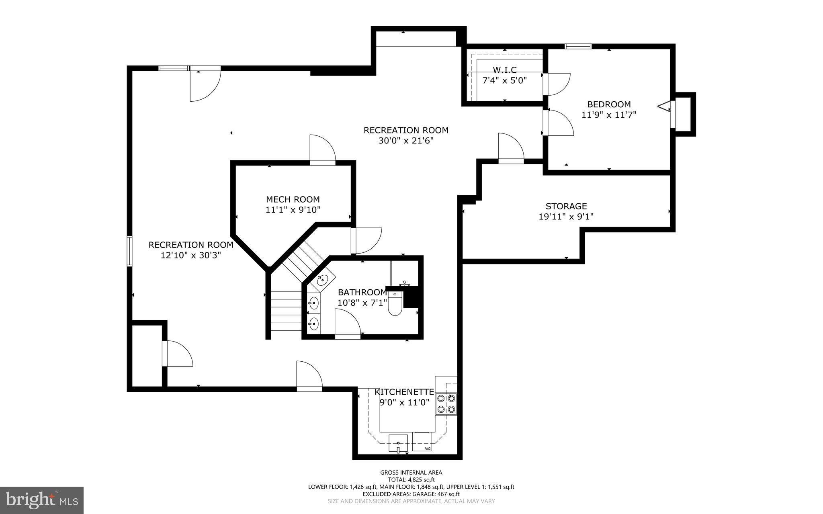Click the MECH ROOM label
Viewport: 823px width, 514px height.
[x=293, y=199]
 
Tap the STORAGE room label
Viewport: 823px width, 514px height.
[x=566, y=206]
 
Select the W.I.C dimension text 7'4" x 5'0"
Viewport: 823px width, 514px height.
[x=504, y=80]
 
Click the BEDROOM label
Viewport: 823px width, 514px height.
[x=609, y=104]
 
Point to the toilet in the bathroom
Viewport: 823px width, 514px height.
[x=395, y=304]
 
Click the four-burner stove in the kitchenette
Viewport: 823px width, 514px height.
[x=446, y=404]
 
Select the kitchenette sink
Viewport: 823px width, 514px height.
[x=398, y=444]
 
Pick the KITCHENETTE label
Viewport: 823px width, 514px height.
[x=404, y=392]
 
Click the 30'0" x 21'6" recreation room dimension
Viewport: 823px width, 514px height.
[x=406, y=141]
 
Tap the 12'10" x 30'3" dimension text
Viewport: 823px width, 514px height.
[x=191, y=255]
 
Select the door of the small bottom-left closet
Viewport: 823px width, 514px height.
[x=178, y=354]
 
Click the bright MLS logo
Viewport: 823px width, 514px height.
[x=42, y=500]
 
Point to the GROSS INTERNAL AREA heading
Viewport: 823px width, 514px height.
[x=411, y=473]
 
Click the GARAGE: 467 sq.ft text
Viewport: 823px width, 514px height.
[x=436, y=494]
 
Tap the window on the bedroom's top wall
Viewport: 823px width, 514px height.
[x=578, y=47]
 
